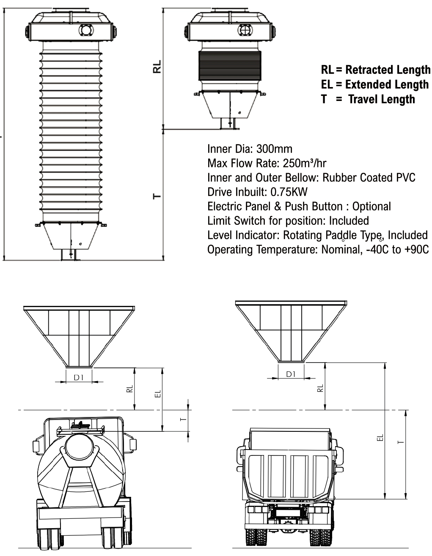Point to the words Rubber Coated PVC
click(x=369, y=178)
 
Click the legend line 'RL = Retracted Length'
click(x=375, y=70)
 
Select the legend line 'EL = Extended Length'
click(x=374, y=84)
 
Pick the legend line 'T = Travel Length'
click(x=368, y=99)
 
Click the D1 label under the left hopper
click(x=79, y=378)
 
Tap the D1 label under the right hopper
click(x=291, y=374)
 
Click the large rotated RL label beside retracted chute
click(x=157, y=67)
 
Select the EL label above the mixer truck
click(x=157, y=394)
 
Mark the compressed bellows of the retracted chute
click(x=230, y=65)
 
